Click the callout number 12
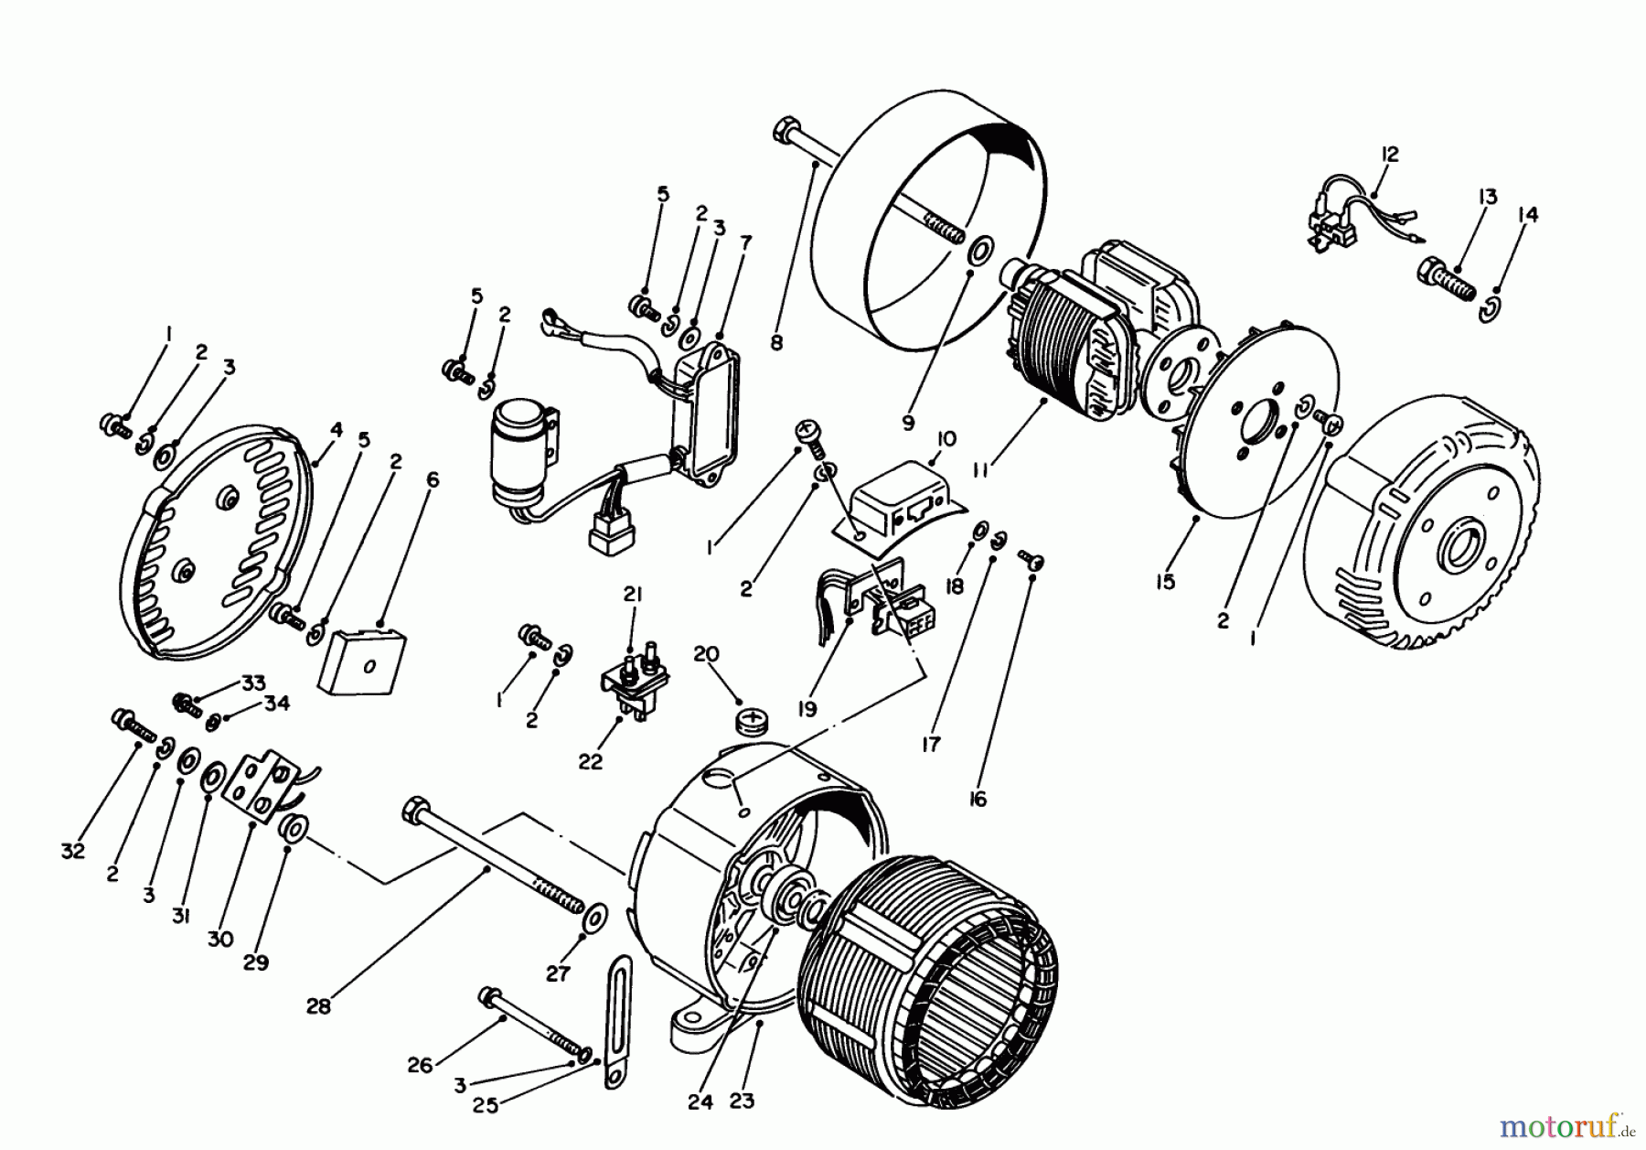(x=1390, y=154)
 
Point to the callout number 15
(x=1164, y=582)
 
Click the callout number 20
(x=706, y=654)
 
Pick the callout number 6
(x=433, y=479)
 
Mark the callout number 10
(x=946, y=439)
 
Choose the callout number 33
(x=253, y=682)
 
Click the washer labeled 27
(x=596, y=916)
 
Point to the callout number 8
(x=776, y=343)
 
